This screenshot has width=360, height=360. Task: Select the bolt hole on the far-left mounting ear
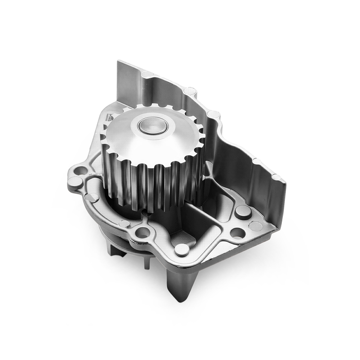(80, 169)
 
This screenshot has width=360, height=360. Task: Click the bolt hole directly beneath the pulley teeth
(142, 232)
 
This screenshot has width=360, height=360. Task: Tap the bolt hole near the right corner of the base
(238, 232)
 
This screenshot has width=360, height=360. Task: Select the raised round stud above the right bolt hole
(242, 211)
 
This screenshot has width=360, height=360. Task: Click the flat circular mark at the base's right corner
(256, 225)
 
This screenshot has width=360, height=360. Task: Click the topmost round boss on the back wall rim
(190, 91)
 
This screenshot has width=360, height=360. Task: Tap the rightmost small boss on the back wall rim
(276, 177)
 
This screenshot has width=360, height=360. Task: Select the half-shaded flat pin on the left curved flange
(92, 197)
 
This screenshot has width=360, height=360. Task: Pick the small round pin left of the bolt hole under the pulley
(124, 224)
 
